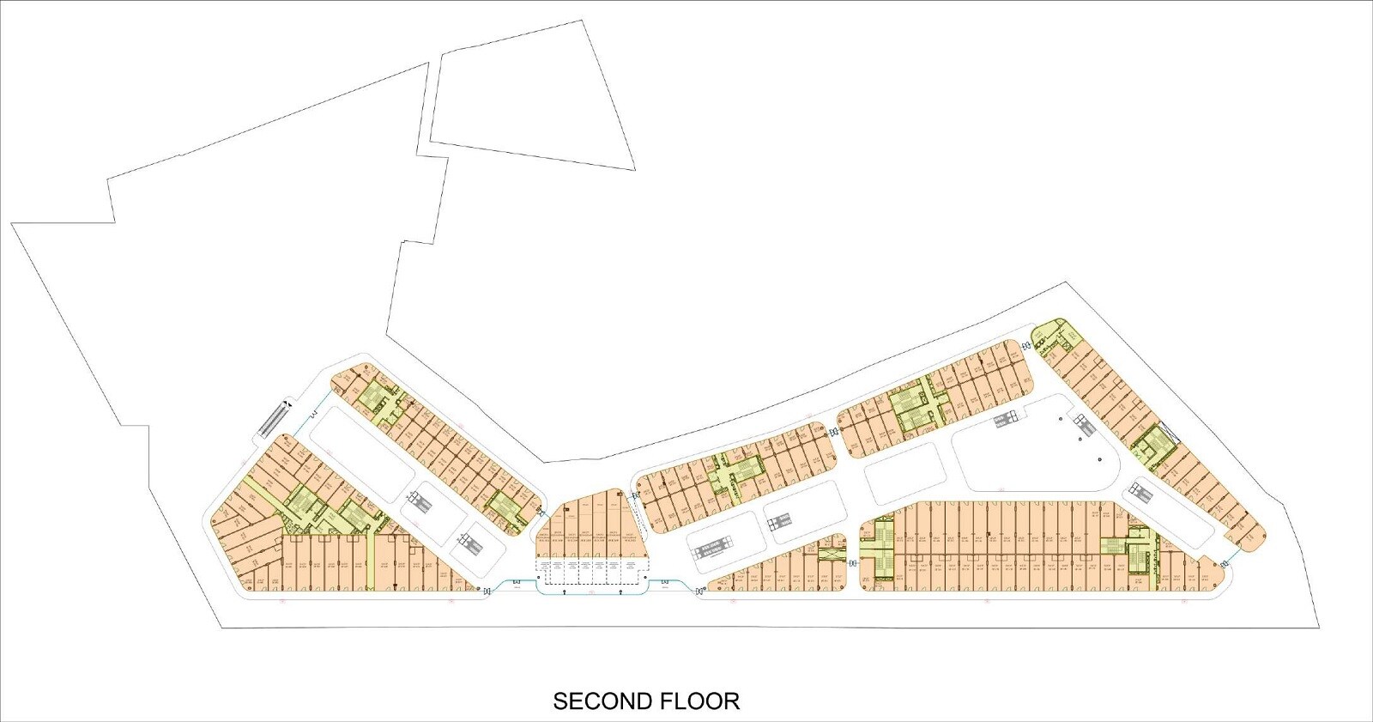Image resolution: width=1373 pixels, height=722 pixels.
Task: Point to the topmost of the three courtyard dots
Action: pos(1062,419)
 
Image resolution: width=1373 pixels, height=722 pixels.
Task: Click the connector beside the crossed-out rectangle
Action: pos(853,563)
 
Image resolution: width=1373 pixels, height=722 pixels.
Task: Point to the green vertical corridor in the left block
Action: pos(371,561)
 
